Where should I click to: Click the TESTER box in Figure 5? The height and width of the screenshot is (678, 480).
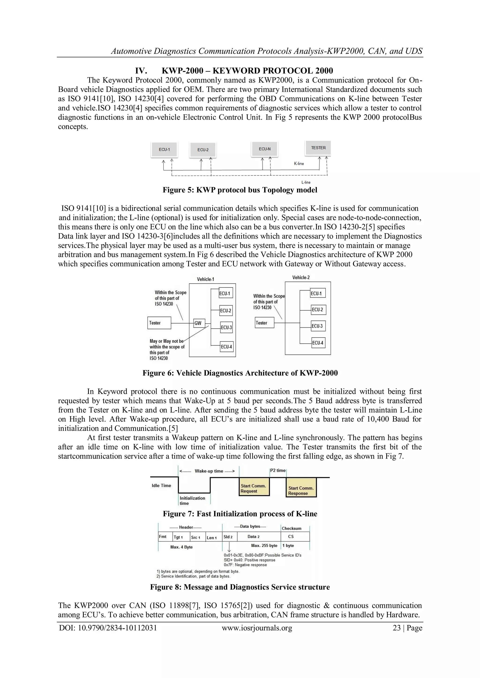coord(318,148)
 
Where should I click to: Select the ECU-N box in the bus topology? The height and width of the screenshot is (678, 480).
coord(265,149)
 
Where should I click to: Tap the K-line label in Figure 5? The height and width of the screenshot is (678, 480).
coord(299,164)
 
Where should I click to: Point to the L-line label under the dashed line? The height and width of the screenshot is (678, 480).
coord(306,182)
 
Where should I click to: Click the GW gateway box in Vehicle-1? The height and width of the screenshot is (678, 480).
coord(198,323)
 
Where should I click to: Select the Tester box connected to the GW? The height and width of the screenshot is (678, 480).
coord(159,323)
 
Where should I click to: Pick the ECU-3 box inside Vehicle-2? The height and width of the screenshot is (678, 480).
coord(318,326)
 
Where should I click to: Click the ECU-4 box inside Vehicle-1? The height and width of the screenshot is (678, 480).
coord(227,347)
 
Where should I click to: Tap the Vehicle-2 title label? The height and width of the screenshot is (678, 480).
coord(301,278)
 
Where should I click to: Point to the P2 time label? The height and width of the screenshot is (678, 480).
coord(278,471)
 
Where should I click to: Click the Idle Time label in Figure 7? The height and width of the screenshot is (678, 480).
coord(161,485)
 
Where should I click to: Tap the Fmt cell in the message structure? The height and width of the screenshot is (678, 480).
coord(163,537)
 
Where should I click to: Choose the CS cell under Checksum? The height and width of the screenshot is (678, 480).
coord(291,537)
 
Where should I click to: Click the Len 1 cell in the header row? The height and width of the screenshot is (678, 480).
coord(212,538)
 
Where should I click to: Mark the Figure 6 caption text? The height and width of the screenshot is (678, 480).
coord(240,373)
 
